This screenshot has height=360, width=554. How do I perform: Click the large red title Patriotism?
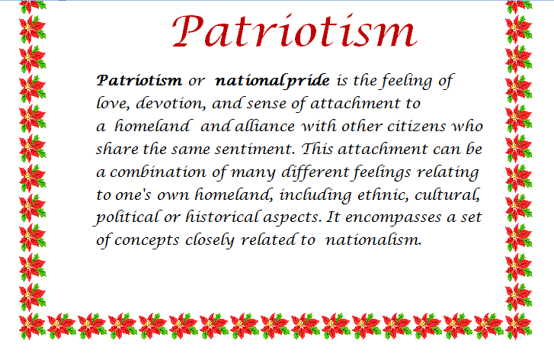(295, 31)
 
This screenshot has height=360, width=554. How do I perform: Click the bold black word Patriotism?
(139, 81)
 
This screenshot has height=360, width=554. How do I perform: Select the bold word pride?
(307, 82)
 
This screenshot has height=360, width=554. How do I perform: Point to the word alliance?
(264, 126)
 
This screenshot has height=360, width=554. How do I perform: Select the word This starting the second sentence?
(317, 149)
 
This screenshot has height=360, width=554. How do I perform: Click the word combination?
(158, 172)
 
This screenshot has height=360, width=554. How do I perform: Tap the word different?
(315, 172)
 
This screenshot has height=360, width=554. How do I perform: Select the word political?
(127, 217)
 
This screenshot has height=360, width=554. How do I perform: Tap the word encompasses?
(393, 218)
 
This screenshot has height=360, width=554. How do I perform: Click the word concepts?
(146, 240)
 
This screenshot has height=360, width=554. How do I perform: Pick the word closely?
(210, 240)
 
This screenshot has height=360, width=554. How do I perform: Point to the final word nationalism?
(373, 240)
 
